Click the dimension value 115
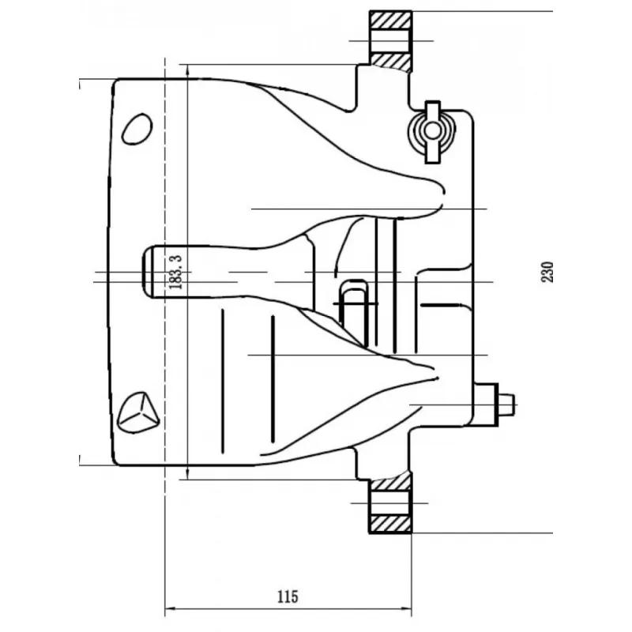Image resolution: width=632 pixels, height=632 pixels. point(288,596)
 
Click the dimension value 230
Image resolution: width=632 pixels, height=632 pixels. point(547,272)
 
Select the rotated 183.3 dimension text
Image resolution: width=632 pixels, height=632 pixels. point(175,272)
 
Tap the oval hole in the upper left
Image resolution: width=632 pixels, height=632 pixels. point(137,128)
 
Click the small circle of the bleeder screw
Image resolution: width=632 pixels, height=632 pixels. point(432,130)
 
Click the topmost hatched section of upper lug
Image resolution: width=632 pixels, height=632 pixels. point(390,19)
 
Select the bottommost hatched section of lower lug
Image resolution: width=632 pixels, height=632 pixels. point(390,524)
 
